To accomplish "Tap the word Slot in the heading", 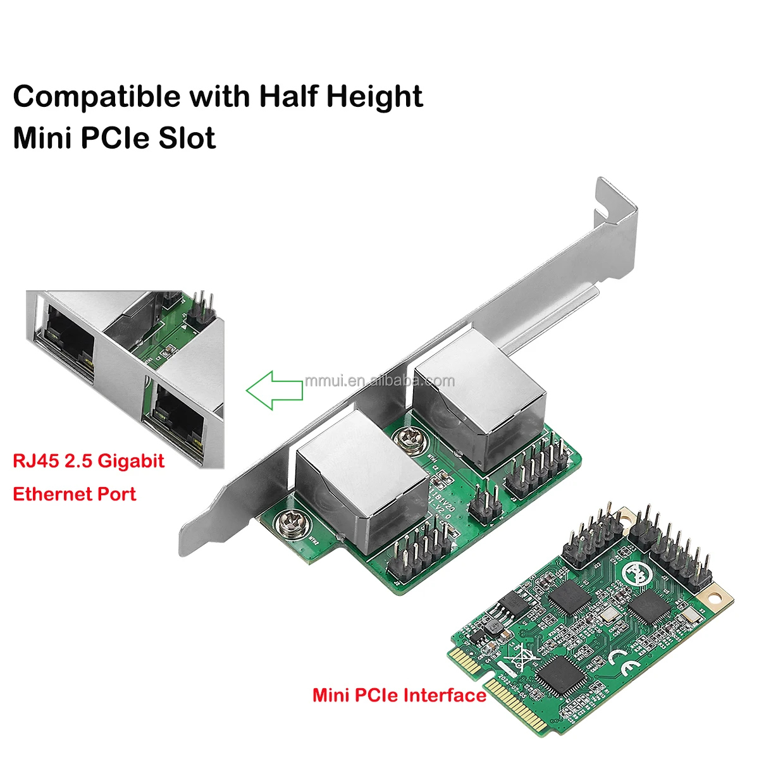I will pos(187,138).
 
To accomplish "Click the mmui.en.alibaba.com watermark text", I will pos(379,380).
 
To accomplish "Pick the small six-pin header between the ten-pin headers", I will pos(482,505).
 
